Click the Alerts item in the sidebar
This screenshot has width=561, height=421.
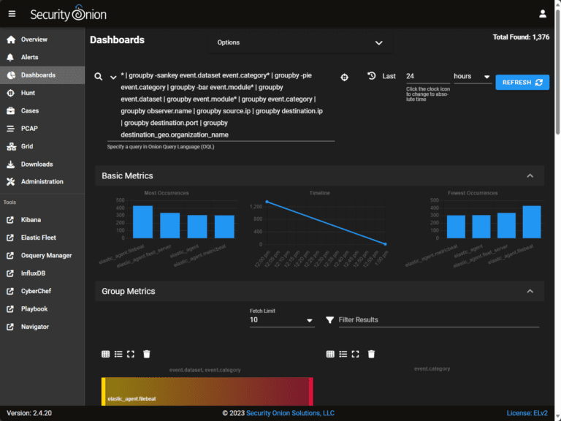[29, 57]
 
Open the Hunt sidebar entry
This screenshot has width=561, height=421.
[28, 93]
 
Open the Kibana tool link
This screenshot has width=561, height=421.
[31, 219]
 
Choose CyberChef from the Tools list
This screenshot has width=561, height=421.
[37, 291]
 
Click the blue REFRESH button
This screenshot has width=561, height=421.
[522, 83]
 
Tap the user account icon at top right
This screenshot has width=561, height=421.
[543, 13]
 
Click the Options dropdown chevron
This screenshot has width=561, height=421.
[378, 43]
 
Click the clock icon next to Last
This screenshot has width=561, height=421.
[371, 76]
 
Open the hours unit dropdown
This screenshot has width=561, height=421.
[472, 77]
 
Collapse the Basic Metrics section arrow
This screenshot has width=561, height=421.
[530, 176]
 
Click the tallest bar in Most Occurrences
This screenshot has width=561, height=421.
[143, 221]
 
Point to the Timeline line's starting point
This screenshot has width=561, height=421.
[267, 201]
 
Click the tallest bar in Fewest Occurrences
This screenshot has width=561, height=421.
[532, 221]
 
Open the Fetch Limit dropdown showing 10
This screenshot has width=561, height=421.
[282, 320]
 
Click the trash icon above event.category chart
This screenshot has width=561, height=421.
[371, 354]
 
